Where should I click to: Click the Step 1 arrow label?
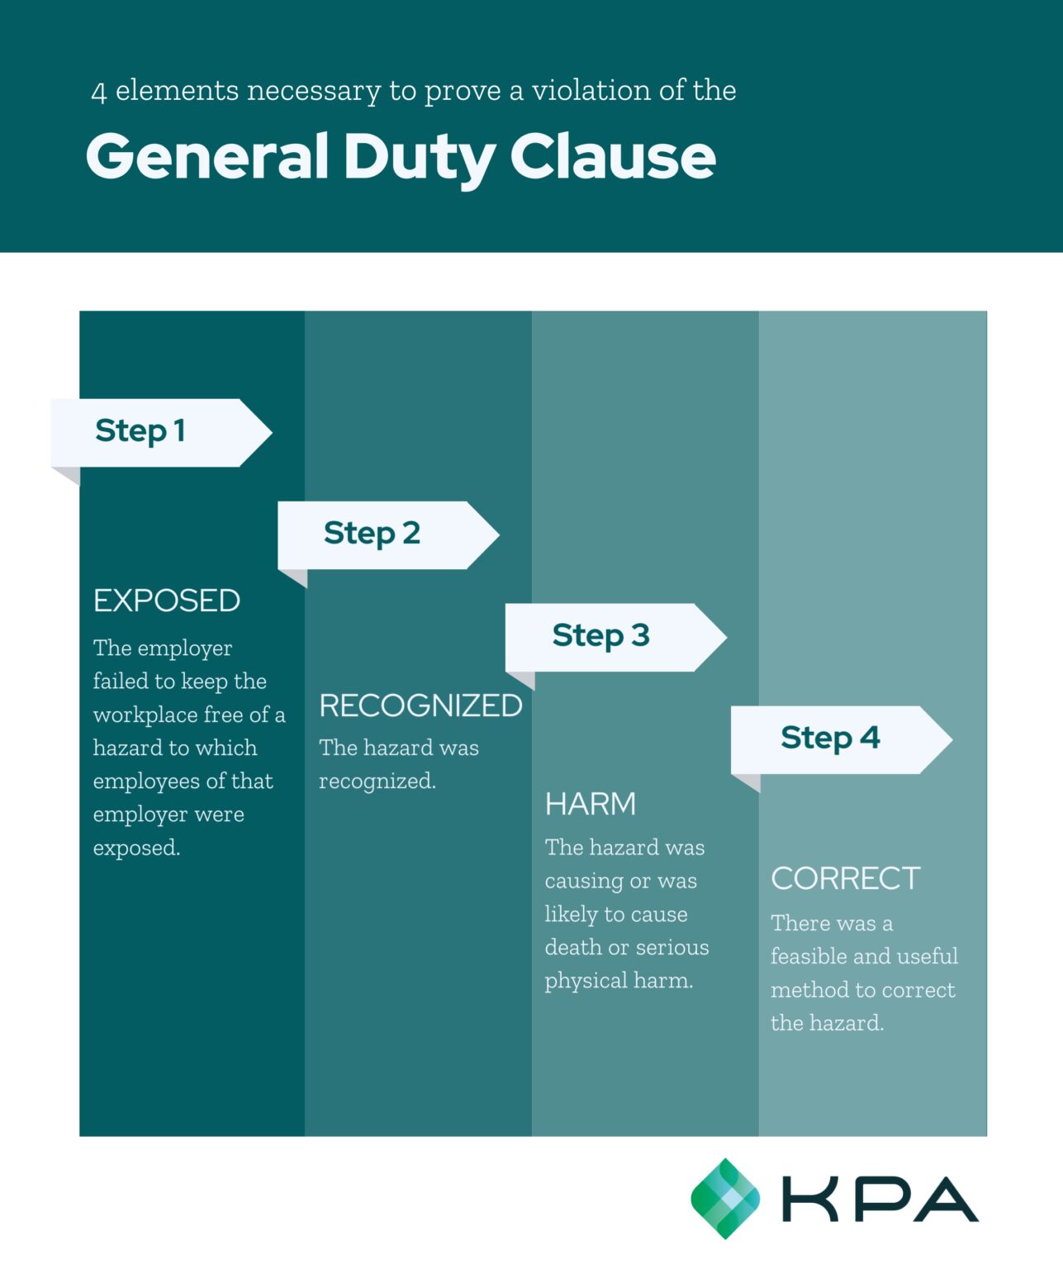(x=140, y=431)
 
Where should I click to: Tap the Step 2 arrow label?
(x=372, y=534)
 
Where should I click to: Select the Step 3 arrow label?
(x=600, y=636)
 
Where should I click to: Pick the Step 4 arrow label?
(x=830, y=738)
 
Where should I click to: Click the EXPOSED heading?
(x=166, y=601)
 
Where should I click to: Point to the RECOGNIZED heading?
(x=420, y=706)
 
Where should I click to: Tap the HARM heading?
(x=591, y=804)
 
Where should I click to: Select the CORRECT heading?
(x=845, y=878)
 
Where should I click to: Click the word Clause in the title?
(x=612, y=156)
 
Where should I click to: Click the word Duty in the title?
(x=419, y=158)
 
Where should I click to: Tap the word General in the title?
(x=207, y=156)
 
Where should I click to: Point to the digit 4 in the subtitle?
(x=99, y=92)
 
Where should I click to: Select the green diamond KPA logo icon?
(x=724, y=1198)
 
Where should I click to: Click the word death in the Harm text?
(x=572, y=948)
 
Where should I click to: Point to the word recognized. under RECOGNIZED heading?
(x=377, y=782)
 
